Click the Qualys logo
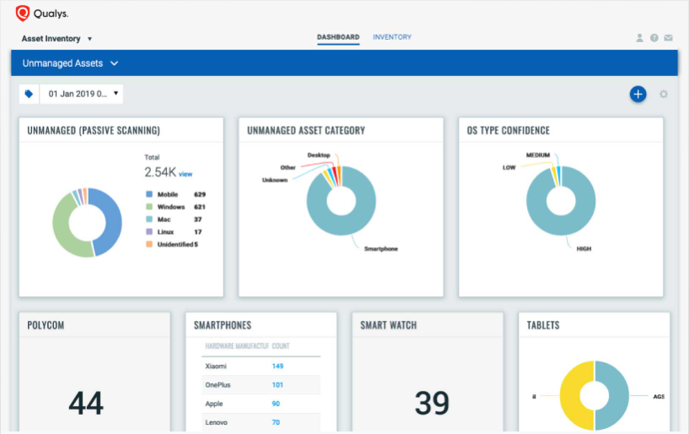pos(42,13)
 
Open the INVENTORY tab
pos(392,37)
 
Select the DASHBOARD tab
pos(338,37)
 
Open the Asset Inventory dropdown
pos(57,39)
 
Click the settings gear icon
pos(664,94)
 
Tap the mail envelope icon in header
pos(668,38)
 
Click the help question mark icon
pos(654,38)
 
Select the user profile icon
pos(640,38)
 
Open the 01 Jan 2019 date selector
pos(82,94)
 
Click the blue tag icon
pos(30,94)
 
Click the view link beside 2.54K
pos(186,174)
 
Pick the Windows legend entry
pos(170,206)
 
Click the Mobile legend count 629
pos(200,194)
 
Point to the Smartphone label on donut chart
pos(380,249)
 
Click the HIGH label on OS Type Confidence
pos(584,249)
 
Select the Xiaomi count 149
pos(277,366)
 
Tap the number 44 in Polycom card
pos(86,404)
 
